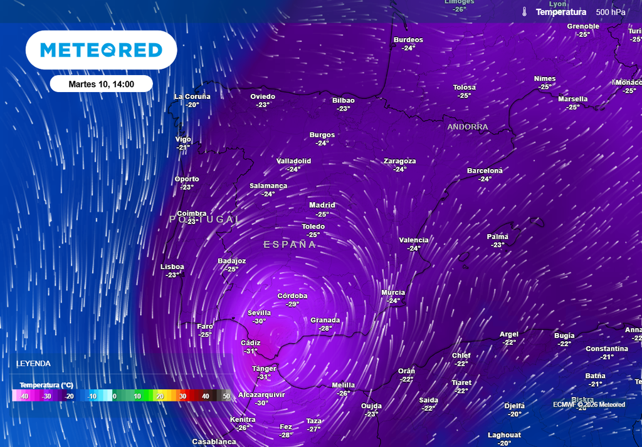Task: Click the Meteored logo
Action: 101,50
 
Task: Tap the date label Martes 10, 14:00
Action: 101,84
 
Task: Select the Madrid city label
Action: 322,205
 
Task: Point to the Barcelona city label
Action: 485,171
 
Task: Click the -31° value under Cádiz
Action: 250,351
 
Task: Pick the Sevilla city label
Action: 259,313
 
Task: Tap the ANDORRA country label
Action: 467,127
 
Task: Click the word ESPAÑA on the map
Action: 290,245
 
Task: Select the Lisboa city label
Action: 172,267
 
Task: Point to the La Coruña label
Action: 192,96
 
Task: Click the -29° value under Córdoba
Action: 292,304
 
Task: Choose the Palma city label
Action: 497,237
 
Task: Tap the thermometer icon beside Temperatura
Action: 524,12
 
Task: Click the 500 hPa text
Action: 611,12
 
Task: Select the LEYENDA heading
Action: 33,363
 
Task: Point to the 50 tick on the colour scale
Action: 226,396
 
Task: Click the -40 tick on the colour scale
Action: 24,396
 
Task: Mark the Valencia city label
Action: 414,240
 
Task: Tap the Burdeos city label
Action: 408,40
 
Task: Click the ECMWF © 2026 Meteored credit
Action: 589,404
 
